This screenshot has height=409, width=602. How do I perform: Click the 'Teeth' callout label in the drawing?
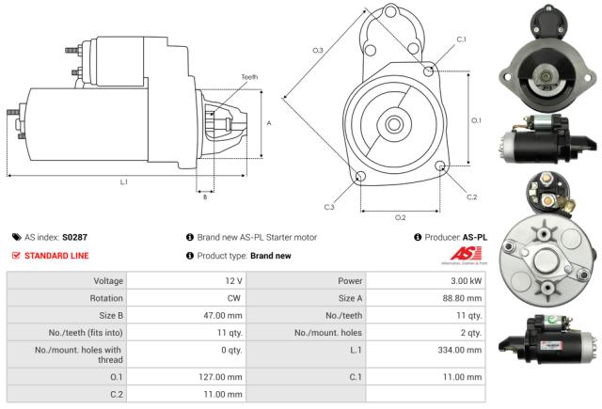(249, 76)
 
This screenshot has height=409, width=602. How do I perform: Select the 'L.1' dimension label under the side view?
(123, 182)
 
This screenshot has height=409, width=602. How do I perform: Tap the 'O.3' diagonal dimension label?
(318, 50)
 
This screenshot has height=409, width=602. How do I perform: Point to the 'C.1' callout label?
(461, 39)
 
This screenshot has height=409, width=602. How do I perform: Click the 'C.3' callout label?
(329, 207)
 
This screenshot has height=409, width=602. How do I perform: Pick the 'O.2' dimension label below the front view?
(400, 217)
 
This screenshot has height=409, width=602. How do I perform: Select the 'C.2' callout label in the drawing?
(472, 197)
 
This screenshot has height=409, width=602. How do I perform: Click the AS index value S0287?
(74, 238)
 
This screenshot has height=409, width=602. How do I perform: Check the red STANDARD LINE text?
(55, 256)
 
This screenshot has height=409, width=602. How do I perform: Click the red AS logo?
(467, 255)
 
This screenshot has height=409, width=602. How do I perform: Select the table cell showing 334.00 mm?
(461, 349)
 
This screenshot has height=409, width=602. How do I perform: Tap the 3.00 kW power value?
(467, 281)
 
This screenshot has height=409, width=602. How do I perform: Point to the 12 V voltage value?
(233, 281)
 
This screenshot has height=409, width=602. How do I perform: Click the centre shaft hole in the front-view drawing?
(394, 122)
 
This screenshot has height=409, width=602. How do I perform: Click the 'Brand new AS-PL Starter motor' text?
(255, 238)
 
